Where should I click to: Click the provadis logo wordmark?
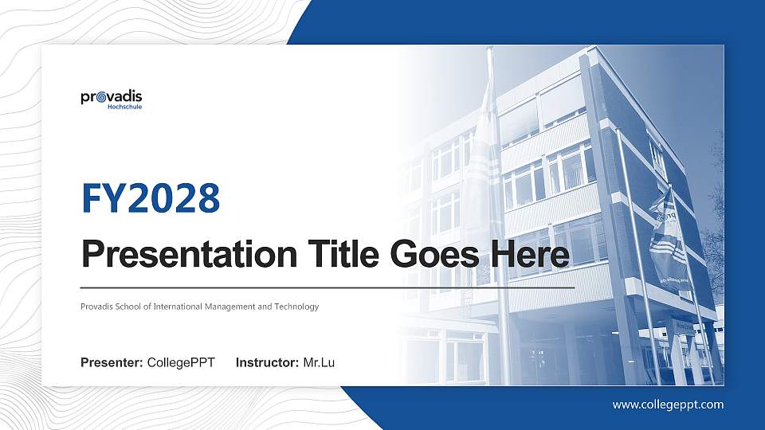(x=112, y=97)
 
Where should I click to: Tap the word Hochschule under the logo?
(x=124, y=107)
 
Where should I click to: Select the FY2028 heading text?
(x=151, y=199)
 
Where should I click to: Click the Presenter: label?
(x=112, y=363)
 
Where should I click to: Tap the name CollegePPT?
(x=181, y=363)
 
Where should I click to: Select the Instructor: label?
(x=268, y=363)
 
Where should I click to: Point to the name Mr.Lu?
(x=319, y=363)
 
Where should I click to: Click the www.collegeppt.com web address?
(x=668, y=405)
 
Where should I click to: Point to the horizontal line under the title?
(x=328, y=287)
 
